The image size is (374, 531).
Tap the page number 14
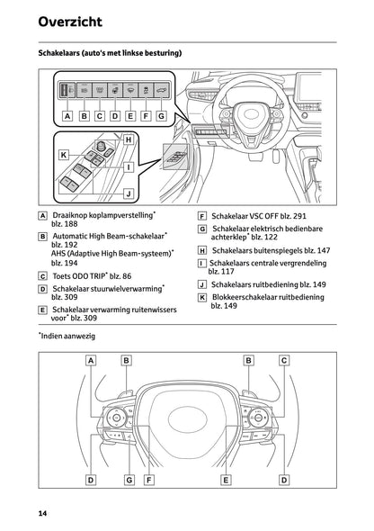pyautogui.click(x=43, y=512)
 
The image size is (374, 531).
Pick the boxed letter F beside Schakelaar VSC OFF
pyautogui.click(x=202, y=217)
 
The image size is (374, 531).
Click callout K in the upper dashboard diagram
pyautogui.click(x=64, y=155)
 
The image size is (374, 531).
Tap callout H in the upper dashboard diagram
pyautogui.click(x=129, y=139)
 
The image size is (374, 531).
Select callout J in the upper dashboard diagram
pyautogui.click(x=129, y=193)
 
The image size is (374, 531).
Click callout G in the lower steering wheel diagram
pyautogui.click(x=129, y=480)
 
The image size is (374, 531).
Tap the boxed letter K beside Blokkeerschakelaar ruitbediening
pyautogui.click(x=202, y=297)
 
